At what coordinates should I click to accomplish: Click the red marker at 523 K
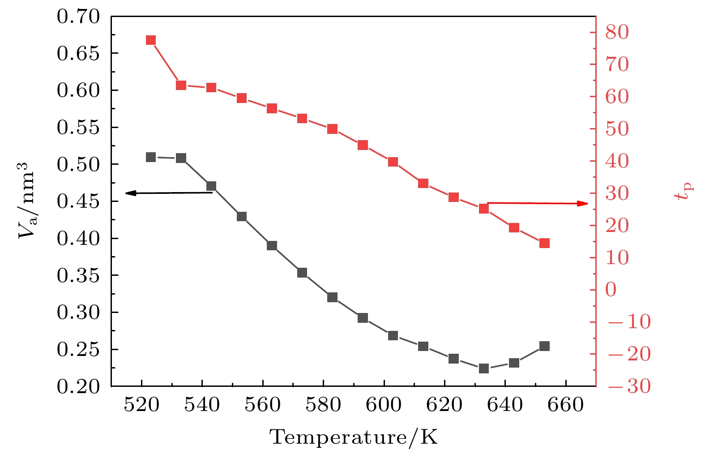click(151, 40)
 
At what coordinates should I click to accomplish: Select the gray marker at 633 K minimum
click(484, 368)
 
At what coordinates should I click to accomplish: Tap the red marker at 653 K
click(544, 243)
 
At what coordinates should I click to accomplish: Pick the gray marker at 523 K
click(151, 157)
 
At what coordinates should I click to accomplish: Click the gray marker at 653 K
click(544, 346)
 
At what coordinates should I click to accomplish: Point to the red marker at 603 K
click(393, 162)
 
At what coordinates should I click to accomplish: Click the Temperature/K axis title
click(353, 437)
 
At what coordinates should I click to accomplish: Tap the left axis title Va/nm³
click(26, 200)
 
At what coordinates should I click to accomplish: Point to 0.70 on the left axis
click(78, 17)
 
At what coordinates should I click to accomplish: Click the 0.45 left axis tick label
click(78, 201)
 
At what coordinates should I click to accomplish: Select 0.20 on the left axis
click(78, 386)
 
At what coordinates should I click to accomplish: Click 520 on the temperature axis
click(141, 405)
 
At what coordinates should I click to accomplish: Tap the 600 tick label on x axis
click(384, 405)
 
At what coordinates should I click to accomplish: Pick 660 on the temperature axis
click(566, 405)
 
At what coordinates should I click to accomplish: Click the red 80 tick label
click(617, 32)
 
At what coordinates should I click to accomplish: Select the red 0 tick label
click(611, 290)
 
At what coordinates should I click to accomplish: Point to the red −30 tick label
click(629, 386)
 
